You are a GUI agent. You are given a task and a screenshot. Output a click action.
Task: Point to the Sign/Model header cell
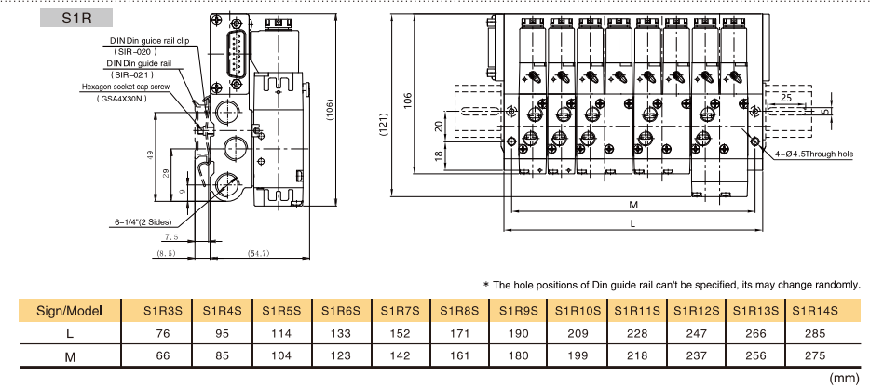coord(67,310)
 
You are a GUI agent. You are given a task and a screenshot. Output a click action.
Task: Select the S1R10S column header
coord(578,310)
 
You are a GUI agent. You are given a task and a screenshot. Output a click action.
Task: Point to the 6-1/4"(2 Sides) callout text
coord(142,222)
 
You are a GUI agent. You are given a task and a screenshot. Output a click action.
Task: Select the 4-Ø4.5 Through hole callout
coord(813,154)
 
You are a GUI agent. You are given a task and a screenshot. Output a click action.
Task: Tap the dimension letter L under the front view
coord(632,223)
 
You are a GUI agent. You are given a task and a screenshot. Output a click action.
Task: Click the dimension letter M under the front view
coord(632,205)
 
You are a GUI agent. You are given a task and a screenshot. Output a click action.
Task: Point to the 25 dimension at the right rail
coord(787,97)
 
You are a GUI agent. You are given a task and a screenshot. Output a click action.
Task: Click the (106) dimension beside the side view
coord(331,110)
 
